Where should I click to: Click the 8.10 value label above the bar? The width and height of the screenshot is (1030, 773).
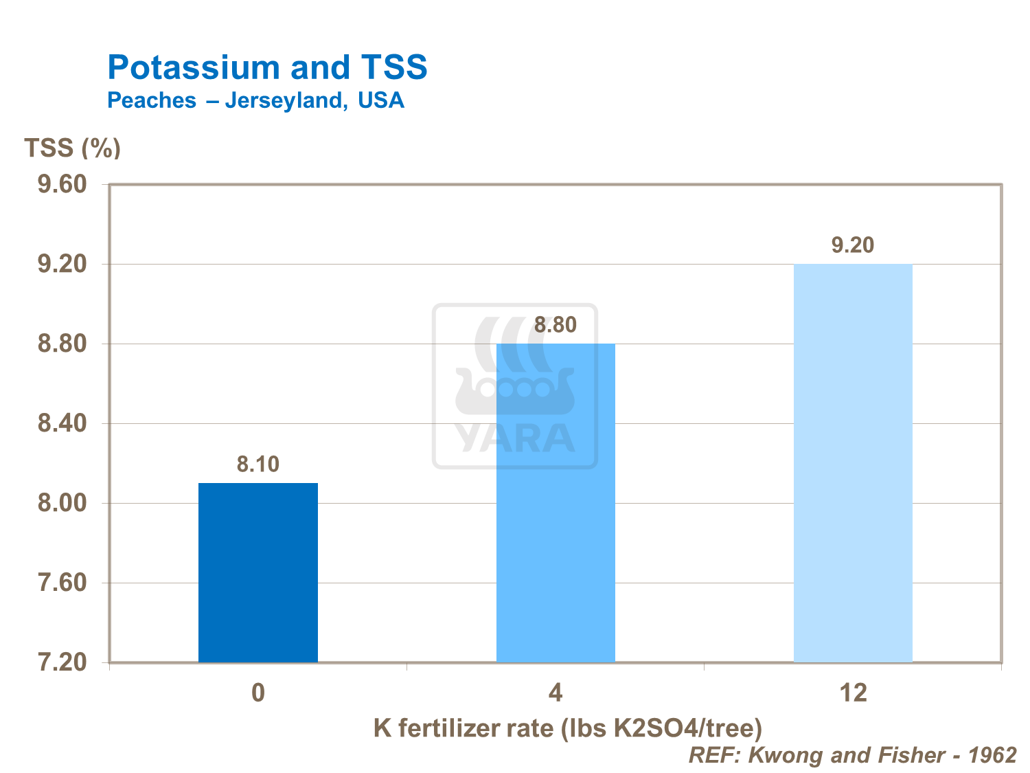pyautogui.click(x=258, y=464)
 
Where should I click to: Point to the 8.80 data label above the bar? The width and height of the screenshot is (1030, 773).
pyautogui.click(x=556, y=325)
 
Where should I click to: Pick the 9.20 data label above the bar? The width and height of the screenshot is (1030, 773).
pyautogui.click(x=853, y=245)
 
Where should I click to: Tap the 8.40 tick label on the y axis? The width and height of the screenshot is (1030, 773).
pyautogui.click(x=62, y=423)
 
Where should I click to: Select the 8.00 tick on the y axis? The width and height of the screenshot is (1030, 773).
pyautogui.click(x=62, y=503)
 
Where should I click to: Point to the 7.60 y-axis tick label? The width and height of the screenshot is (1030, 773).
pyautogui.click(x=62, y=583)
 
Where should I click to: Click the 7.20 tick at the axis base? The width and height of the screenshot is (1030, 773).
pyautogui.click(x=62, y=662)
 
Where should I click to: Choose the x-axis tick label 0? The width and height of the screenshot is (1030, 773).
pyautogui.click(x=258, y=693)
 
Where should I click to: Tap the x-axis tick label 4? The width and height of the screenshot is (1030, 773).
pyautogui.click(x=556, y=693)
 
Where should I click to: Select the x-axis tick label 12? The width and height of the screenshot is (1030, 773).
pyautogui.click(x=853, y=693)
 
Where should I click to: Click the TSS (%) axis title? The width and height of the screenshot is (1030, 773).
pyautogui.click(x=73, y=148)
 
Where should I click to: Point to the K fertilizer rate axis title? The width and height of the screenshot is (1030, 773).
pyautogui.click(x=568, y=728)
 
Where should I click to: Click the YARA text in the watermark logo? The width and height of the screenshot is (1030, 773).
pyautogui.click(x=515, y=438)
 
